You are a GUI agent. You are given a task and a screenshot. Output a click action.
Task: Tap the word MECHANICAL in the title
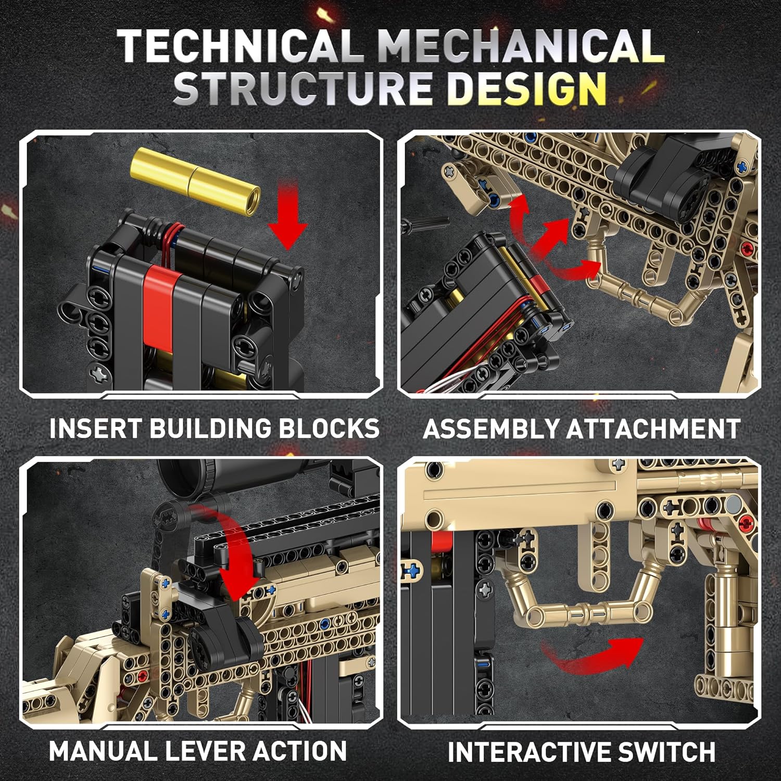tap(521, 46)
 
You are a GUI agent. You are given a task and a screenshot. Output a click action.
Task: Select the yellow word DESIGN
tap(526, 87)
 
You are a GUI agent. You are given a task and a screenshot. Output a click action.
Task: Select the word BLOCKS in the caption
tap(329, 428)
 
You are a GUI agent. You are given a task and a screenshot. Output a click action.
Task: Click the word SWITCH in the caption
tap(667, 752)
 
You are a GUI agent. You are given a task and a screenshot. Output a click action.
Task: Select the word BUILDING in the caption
tap(210, 428)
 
